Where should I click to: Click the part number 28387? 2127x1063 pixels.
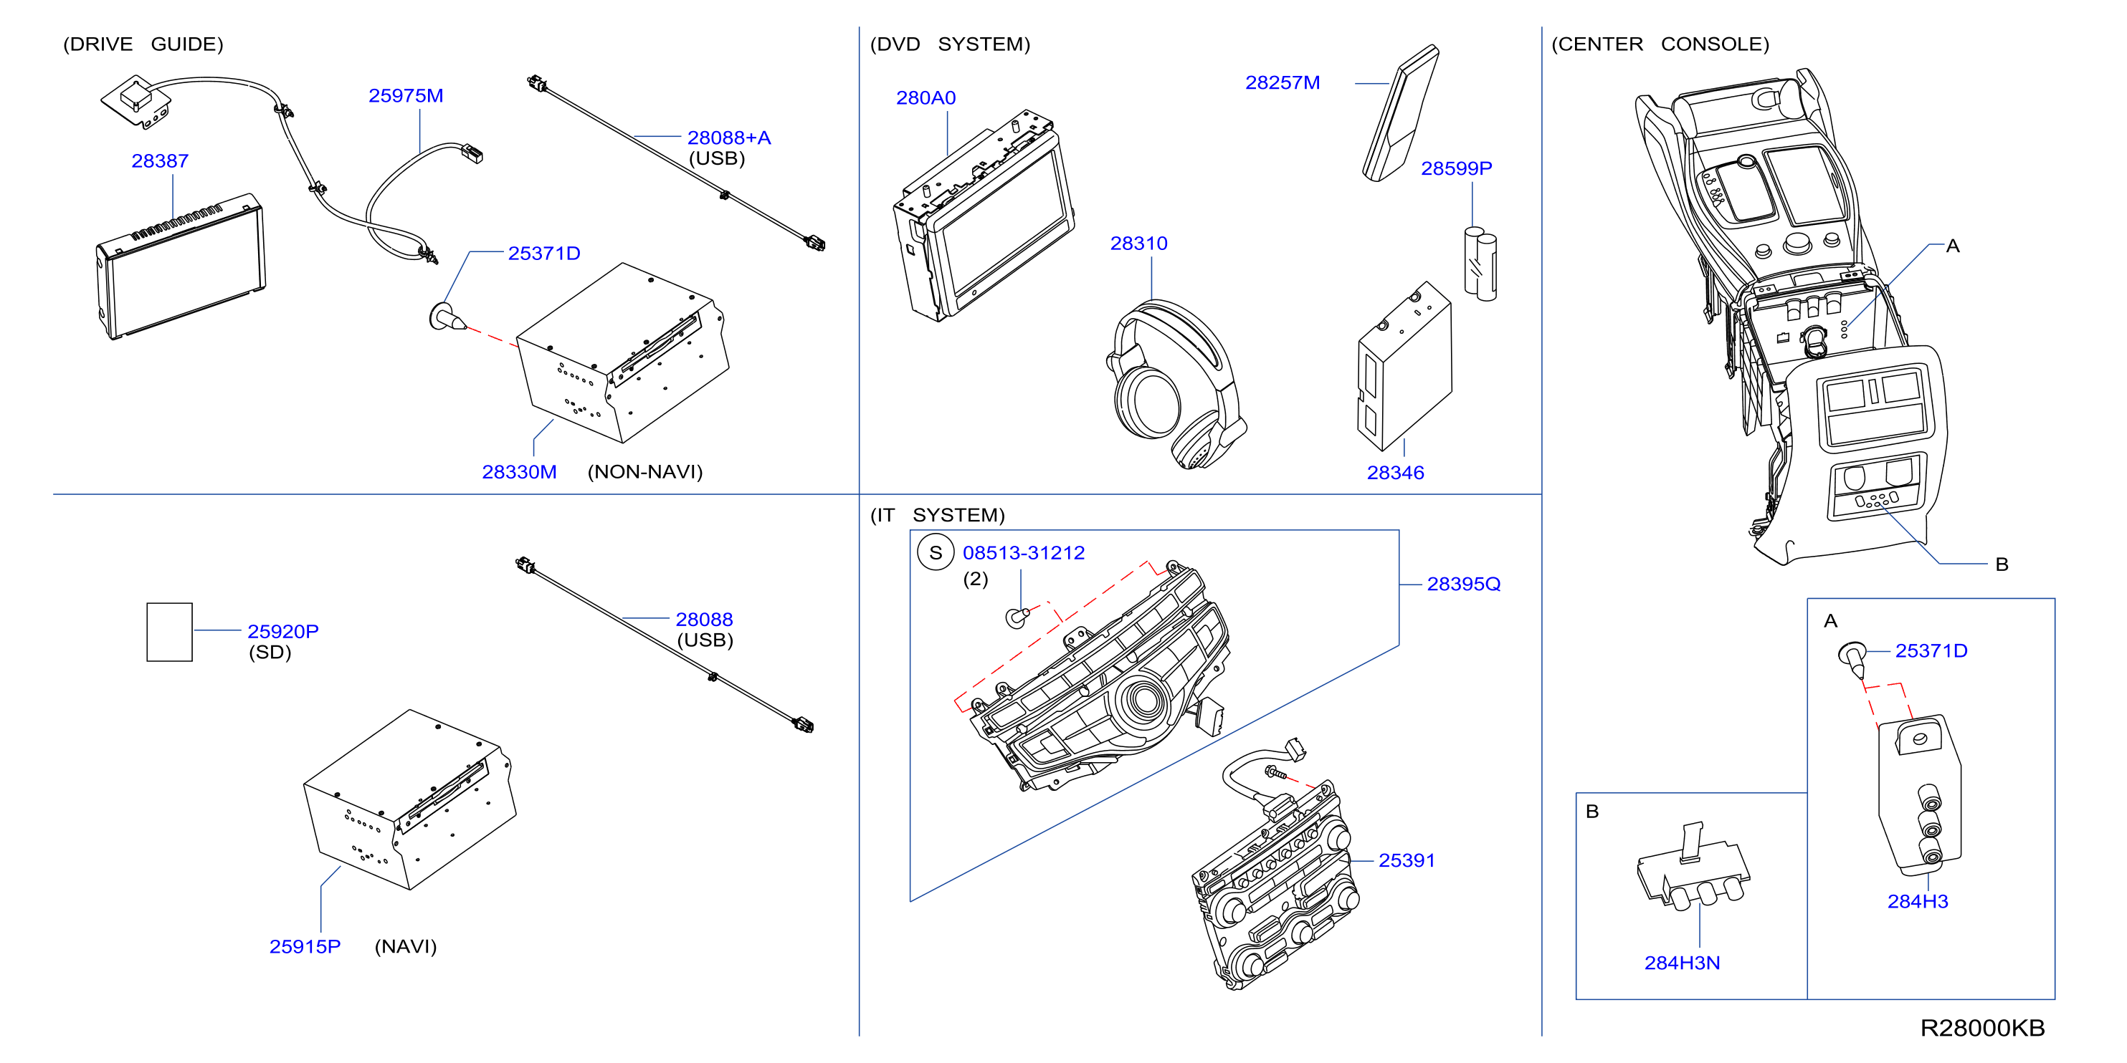[x=160, y=161]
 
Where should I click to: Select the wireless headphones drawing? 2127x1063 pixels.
[x=1176, y=385]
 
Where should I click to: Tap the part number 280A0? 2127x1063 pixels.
[x=925, y=97]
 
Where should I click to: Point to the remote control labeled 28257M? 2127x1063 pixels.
[x=1400, y=113]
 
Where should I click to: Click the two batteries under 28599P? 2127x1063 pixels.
[x=1480, y=264]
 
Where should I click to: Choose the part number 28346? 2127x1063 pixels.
[x=1396, y=473]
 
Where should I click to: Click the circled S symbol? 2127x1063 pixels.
[x=936, y=553]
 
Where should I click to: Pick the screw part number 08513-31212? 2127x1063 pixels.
[x=1024, y=553]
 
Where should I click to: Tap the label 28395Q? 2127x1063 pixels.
[x=1463, y=585]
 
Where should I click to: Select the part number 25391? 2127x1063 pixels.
[x=1407, y=861]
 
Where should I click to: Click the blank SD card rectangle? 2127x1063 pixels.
[x=169, y=631]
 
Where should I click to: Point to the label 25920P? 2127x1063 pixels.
[x=283, y=631]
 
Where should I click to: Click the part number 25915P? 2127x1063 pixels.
[x=305, y=947]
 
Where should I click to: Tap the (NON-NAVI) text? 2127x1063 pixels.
[x=645, y=472]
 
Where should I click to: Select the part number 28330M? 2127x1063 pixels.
[x=519, y=472]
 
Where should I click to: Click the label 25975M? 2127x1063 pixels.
[x=406, y=96]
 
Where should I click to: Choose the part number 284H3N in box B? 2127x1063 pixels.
[x=1682, y=963]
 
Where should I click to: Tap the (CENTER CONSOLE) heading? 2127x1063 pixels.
[x=1660, y=44]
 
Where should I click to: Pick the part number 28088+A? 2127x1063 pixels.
[x=729, y=138]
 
